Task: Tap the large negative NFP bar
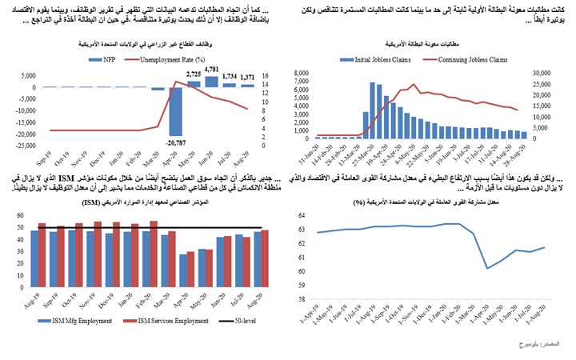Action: tap(177, 111)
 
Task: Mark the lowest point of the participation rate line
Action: tap(488, 268)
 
